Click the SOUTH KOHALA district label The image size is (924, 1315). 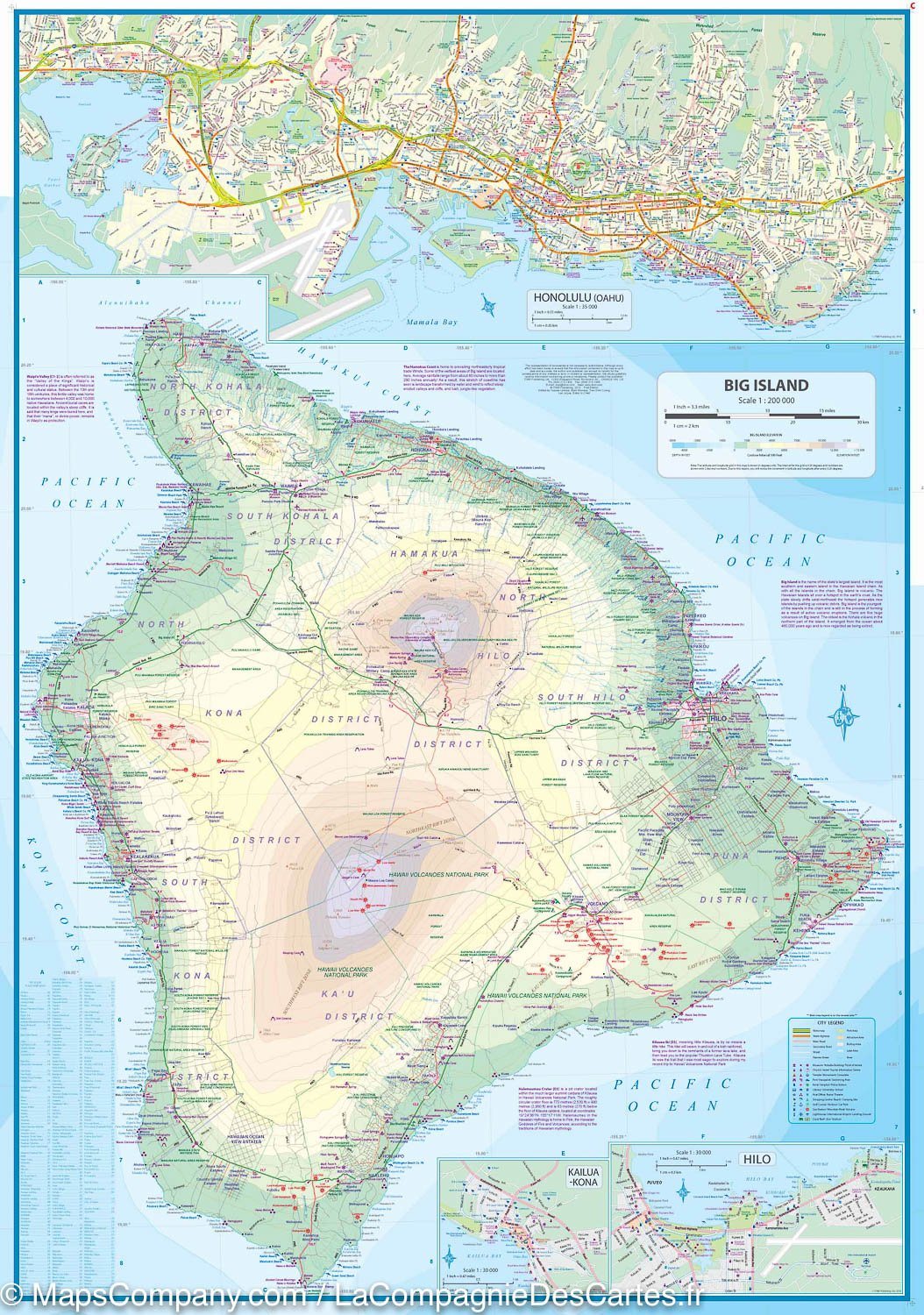282,516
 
